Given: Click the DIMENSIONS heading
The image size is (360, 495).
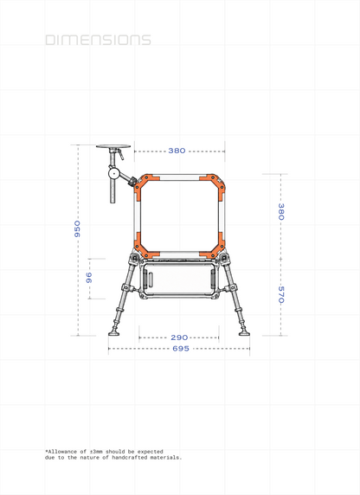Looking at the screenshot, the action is (98, 40).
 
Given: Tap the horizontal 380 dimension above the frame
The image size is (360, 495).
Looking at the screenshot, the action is (177, 151).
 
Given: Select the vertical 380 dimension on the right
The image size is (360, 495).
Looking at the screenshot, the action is (280, 211).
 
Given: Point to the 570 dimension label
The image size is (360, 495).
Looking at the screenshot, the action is (280, 294).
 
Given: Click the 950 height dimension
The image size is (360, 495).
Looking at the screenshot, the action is (77, 228).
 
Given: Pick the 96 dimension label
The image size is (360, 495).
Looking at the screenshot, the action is (89, 278).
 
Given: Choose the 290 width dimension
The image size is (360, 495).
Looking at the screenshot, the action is (179, 337).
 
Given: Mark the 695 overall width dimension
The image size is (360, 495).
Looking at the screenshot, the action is (181, 349).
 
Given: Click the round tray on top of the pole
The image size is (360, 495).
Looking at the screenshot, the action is (113, 146).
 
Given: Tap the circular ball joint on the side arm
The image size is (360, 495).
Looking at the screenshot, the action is (113, 173).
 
